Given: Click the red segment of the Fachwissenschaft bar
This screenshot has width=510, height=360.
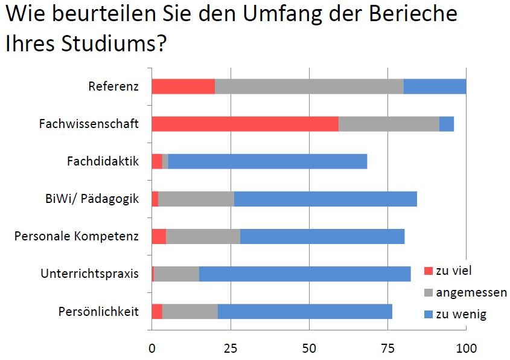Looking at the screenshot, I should pyautogui.click(x=244, y=124).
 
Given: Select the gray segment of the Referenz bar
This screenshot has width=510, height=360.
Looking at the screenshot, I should pyautogui.click(x=309, y=86).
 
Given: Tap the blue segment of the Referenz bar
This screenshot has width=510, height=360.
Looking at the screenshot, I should pyautogui.click(x=435, y=86).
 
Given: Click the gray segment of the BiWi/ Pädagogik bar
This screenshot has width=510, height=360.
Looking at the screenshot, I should pyautogui.click(x=196, y=199).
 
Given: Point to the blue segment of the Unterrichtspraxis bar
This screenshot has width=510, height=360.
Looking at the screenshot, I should pyautogui.click(x=305, y=274).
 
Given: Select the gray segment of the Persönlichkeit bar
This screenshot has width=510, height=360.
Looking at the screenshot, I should pyautogui.click(x=190, y=312).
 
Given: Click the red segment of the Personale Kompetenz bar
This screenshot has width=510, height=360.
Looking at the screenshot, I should pyautogui.click(x=159, y=236).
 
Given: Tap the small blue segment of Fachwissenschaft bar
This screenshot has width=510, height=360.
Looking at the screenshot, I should pyautogui.click(x=447, y=124).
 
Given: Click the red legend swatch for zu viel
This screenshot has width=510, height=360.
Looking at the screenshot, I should pyautogui.click(x=428, y=270).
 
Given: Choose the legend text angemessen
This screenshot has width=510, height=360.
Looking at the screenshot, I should pyautogui.click(x=471, y=292).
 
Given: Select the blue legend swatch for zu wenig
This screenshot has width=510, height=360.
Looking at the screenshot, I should pyautogui.click(x=428, y=315).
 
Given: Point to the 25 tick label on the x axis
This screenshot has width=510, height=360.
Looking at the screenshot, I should pyautogui.click(x=230, y=348).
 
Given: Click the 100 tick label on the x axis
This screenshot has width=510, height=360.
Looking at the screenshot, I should pyautogui.click(x=466, y=348).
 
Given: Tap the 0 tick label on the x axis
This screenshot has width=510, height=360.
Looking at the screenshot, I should pyautogui.click(x=151, y=348).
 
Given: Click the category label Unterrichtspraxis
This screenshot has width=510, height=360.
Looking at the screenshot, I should pyautogui.click(x=89, y=274).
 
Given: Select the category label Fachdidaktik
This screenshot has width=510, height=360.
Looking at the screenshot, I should pyautogui.click(x=103, y=161).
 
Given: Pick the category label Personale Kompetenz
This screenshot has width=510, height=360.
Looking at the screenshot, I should pyautogui.click(x=77, y=236).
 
